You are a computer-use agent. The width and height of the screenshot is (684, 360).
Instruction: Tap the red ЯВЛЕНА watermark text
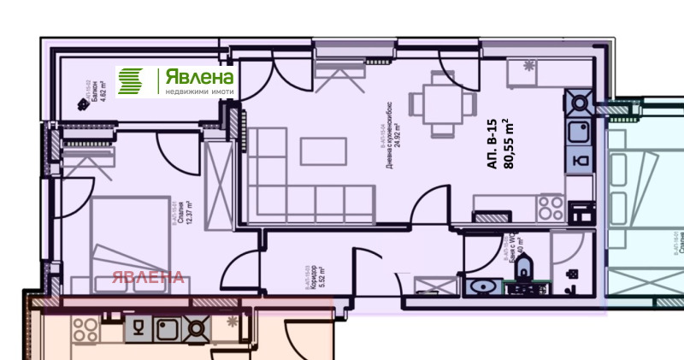click(148, 276)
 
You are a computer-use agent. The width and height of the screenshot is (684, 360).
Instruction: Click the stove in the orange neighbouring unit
click(197, 327)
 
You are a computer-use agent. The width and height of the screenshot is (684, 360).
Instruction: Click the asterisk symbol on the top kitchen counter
click(528, 66)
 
